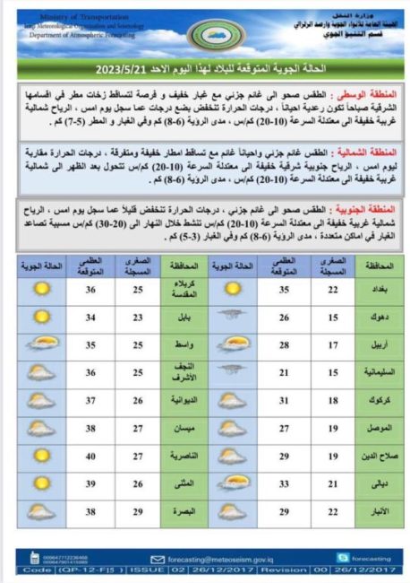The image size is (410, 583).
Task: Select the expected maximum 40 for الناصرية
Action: (90, 457)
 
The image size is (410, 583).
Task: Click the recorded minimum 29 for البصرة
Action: (139, 512)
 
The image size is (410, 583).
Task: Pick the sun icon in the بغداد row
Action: (232, 290)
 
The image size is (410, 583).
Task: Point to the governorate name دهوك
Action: (380, 318)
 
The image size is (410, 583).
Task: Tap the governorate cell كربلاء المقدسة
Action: (184, 290)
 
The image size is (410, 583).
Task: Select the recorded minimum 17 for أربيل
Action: (333, 345)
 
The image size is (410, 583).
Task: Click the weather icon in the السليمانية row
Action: (232, 370)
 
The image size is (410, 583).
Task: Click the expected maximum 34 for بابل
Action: (90, 318)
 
